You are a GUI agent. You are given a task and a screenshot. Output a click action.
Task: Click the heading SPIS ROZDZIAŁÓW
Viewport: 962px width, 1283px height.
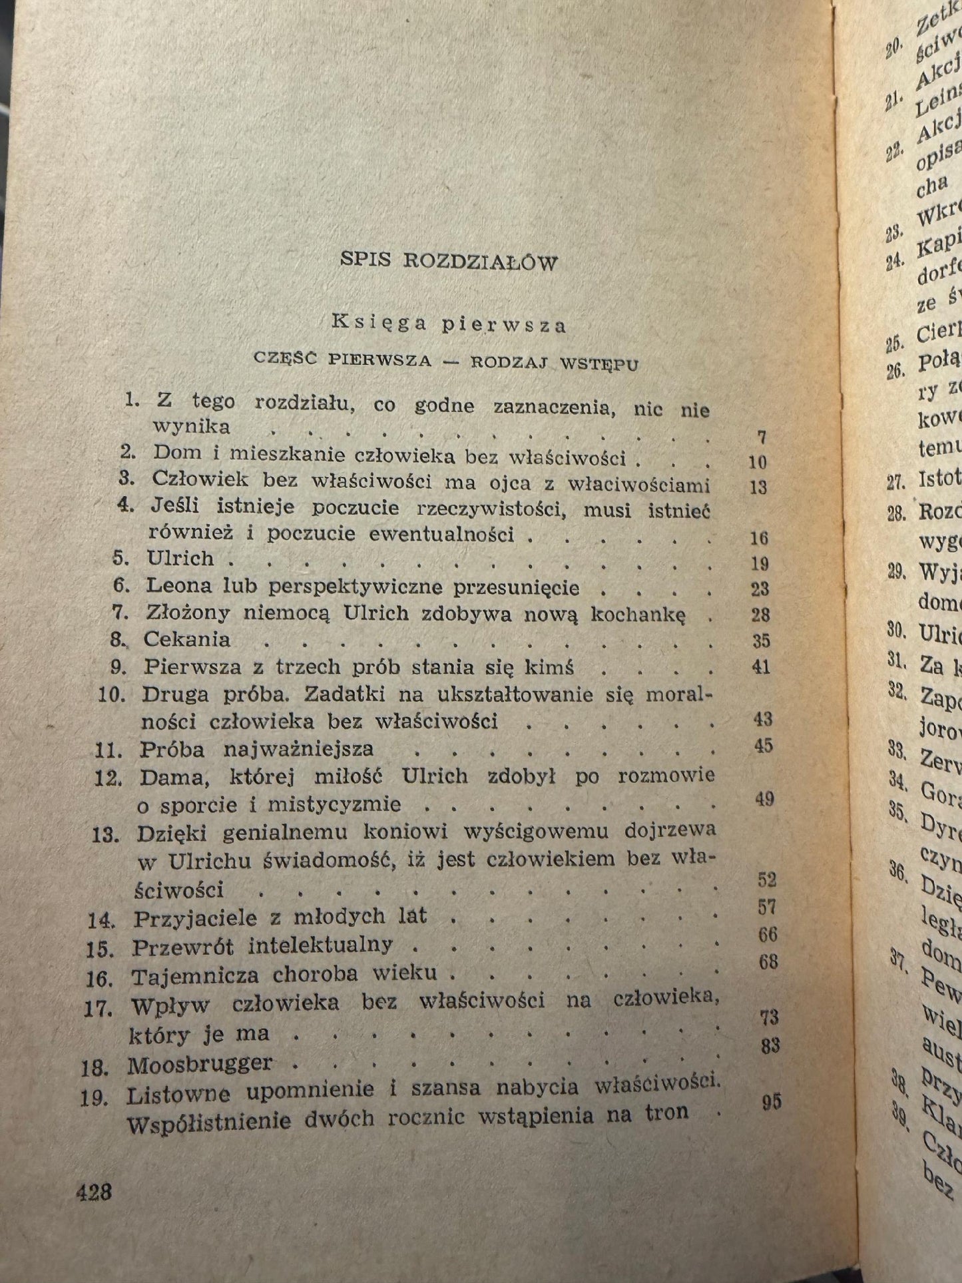coord(449,261)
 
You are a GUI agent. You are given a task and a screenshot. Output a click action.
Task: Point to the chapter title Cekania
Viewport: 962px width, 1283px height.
coord(188,640)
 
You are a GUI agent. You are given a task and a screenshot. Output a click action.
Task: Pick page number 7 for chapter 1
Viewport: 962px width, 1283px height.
coord(762,437)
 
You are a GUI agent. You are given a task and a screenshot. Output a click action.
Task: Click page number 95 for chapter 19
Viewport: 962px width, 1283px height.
coord(771,1103)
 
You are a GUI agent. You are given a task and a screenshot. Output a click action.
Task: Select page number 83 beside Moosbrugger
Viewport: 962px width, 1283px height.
coord(770,1046)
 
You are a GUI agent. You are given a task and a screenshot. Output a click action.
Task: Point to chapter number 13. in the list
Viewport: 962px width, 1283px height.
coord(105,835)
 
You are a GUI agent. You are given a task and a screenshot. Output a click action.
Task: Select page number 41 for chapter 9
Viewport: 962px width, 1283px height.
coord(760,667)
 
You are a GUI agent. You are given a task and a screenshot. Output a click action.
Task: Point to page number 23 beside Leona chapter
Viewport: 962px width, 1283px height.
coord(759,589)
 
